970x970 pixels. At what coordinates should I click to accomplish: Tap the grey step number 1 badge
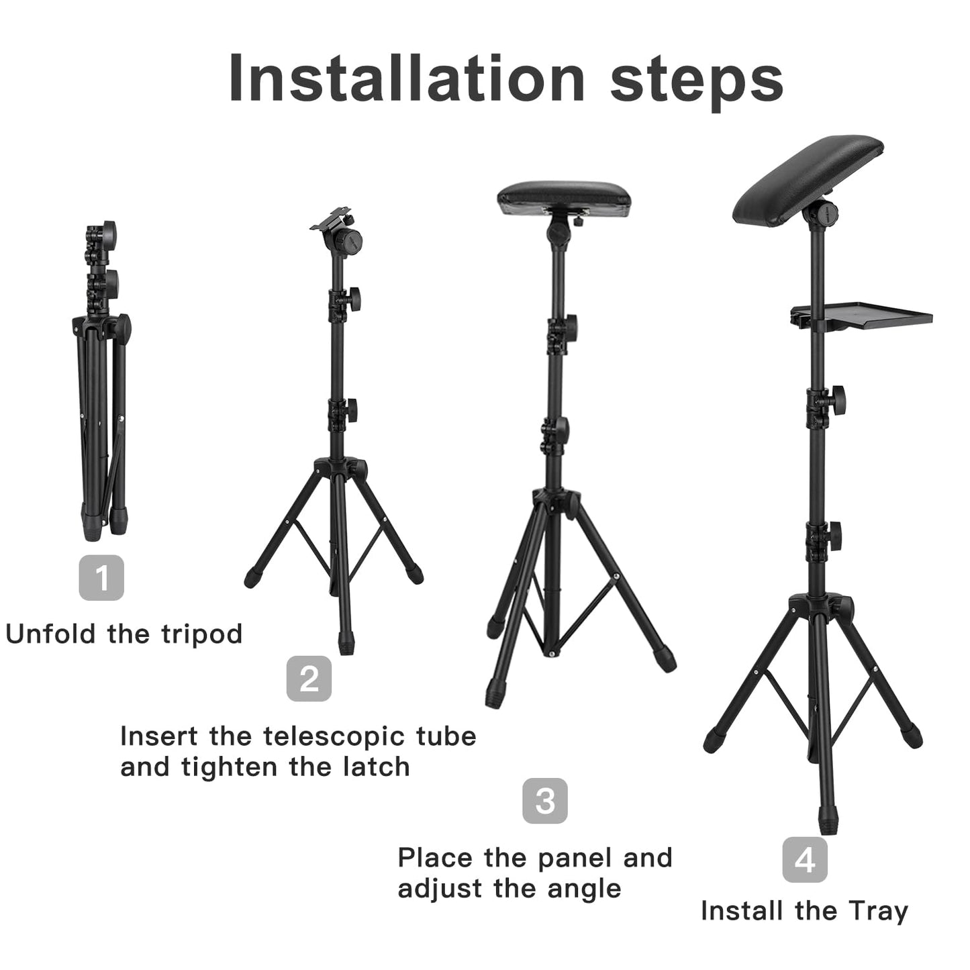coord(101,577)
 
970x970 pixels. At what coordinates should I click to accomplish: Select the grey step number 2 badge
coord(309,679)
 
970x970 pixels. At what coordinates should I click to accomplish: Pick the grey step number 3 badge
coord(545,801)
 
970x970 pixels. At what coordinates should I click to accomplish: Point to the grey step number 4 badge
coord(805,860)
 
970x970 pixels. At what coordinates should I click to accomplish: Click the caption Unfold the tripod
coord(124,634)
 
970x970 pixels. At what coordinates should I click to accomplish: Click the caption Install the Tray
coord(804,911)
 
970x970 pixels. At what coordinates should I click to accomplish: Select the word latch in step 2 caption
coord(377,767)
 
